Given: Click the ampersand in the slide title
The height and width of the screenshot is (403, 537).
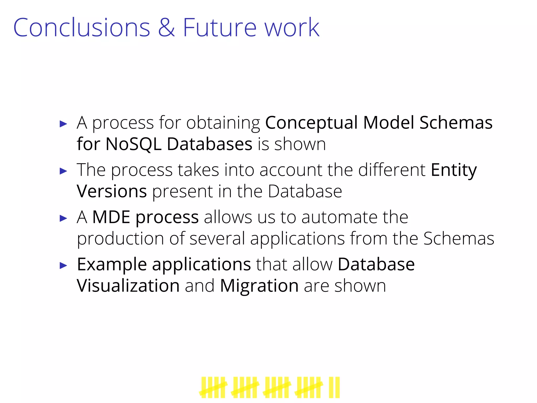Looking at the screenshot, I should [x=166, y=28].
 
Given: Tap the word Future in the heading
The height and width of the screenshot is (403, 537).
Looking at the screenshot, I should [x=219, y=28].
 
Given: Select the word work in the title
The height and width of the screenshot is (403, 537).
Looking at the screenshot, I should [x=292, y=28].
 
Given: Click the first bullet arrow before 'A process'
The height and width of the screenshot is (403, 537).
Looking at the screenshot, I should [x=63, y=124].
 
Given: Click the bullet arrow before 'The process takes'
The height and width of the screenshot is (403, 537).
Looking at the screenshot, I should [x=63, y=171].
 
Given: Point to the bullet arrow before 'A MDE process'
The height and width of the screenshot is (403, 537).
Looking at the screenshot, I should [x=63, y=218].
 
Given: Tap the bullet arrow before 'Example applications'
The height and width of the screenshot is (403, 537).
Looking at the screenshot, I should [x=63, y=266].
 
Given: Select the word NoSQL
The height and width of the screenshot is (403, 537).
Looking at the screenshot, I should [x=133, y=144].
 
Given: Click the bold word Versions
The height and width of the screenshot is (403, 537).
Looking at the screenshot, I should [x=112, y=191].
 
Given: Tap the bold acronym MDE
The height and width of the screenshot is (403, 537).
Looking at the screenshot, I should [x=111, y=217].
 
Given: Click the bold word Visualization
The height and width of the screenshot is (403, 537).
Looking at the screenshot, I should [x=128, y=286].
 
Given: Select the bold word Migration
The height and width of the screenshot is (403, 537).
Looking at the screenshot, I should [x=259, y=286].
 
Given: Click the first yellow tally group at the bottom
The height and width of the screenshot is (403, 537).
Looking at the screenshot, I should [x=213, y=388].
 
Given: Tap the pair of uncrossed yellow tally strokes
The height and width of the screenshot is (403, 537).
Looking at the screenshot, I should [x=334, y=388].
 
